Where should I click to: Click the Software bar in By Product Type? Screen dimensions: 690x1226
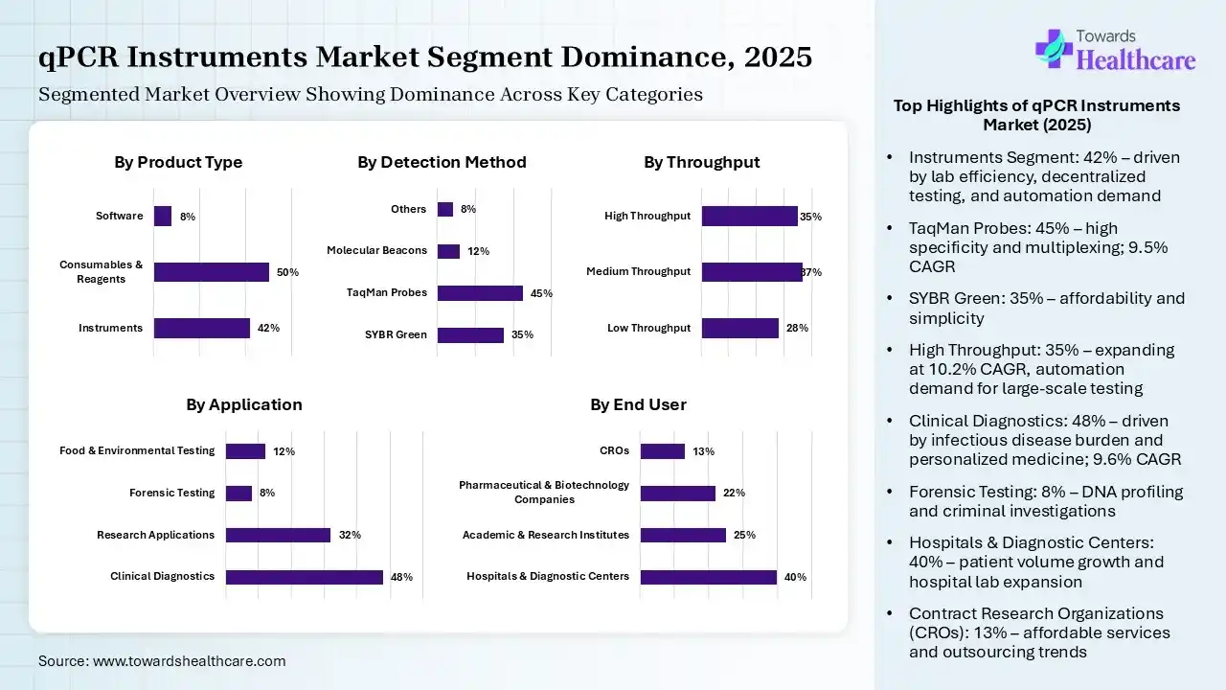(163, 217)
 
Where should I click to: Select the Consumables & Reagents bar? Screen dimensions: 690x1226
(212, 272)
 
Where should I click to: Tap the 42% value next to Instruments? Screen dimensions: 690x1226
(268, 329)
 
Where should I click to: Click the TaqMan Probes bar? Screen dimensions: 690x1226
(480, 293)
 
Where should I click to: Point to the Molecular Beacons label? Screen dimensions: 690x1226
(376, 251)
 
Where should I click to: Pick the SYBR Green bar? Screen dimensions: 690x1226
(470, 335)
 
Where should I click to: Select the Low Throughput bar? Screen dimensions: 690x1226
(739, 329)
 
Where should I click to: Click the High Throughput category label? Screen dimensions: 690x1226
(647, 217)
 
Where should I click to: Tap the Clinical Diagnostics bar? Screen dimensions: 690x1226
(305, 577)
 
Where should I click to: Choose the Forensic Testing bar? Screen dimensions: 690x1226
(238, 494)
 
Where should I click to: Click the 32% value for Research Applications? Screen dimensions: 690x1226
(350, 536)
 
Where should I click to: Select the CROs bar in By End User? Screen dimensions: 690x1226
(663, 451)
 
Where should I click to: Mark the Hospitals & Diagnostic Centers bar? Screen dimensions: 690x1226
(709, 577)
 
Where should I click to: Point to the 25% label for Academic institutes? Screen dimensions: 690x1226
(744, 536)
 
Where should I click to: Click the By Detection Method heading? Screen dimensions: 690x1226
(442, 163)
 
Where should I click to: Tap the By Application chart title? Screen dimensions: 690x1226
(244, 405)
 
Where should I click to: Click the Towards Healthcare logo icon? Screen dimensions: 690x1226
(1054, 49)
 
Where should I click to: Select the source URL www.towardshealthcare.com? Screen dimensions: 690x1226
(189, 661)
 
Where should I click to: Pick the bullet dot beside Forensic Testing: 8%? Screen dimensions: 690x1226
(891, 493)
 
